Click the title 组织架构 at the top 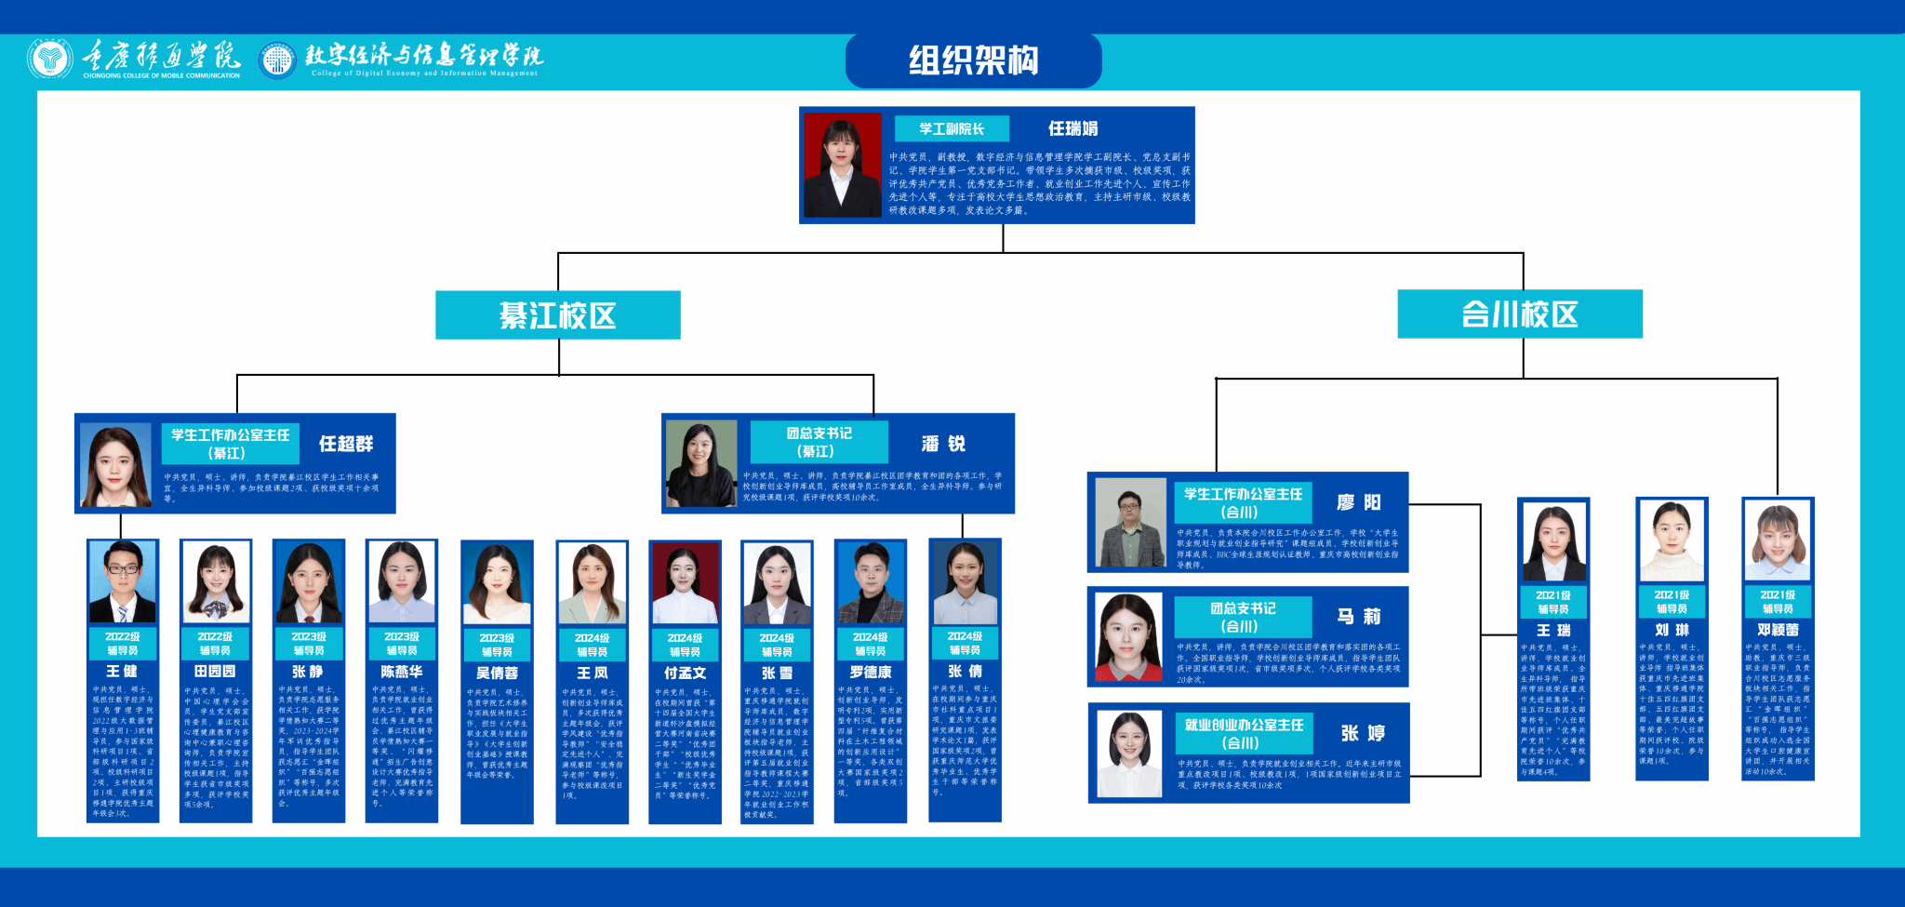pos(973,61)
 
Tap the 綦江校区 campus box pos(557,315)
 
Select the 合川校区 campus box pos(1519,314)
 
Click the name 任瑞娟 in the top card pos(1072,128)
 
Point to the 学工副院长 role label pos(951,128)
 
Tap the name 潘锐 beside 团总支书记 pos(943,444)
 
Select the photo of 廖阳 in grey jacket pos(1130,522)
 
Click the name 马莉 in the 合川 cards pos(1359,616)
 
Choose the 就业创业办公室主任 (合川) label pos(1244,733)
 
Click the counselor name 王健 pos(122,671)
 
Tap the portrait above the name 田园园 pos(215,582)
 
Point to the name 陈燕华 pos(402,671)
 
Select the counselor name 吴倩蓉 pos(497,673)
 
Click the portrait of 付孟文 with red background pos(685,583)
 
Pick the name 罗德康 pos(871,671)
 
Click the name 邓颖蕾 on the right pos(1778,630)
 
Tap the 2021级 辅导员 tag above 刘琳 pos(1672,602)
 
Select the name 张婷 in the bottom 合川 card pos(1363,733)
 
